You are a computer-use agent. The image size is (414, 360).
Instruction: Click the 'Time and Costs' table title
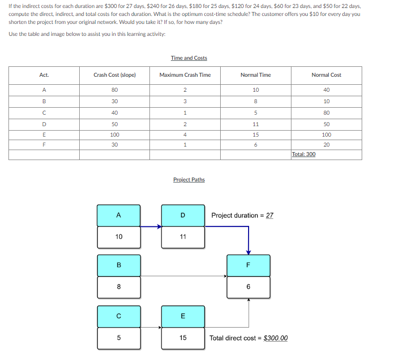tap(189, 58)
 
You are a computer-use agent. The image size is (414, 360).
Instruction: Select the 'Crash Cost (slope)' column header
tap(115, 75)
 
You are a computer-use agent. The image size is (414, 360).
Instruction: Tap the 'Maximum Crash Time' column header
tap(185, 75)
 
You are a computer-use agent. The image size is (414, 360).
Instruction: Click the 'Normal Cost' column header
tap(326, 75)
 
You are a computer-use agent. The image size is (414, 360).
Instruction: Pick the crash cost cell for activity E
tap(115, 135)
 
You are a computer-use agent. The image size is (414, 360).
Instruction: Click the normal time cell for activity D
tap(256, 124)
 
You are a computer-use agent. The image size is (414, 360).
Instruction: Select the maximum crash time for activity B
tap(185, 101)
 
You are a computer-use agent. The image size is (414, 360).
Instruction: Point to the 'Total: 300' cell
tap(303, 154)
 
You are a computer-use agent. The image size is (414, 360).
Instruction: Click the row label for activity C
tap(44, 113)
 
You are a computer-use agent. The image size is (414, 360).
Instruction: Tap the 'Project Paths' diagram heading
tap(189, 180)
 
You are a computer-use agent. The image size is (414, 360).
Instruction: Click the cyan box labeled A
tap(119, 215)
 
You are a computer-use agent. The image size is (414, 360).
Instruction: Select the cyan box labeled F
tap(248, 265)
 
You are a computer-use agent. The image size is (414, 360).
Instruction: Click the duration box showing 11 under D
tap(183, 237)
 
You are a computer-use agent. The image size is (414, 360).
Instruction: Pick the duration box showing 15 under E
tap(183, 338)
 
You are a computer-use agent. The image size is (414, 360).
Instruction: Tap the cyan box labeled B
tap(119, 265)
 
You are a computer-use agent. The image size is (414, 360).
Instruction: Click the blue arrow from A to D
tap(151, 226)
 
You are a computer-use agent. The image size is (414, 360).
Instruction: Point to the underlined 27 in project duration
tap(270, 215)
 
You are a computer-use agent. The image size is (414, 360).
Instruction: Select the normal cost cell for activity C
tap(326, 113)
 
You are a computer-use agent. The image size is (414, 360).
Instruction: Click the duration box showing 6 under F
tap(248, 287)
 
